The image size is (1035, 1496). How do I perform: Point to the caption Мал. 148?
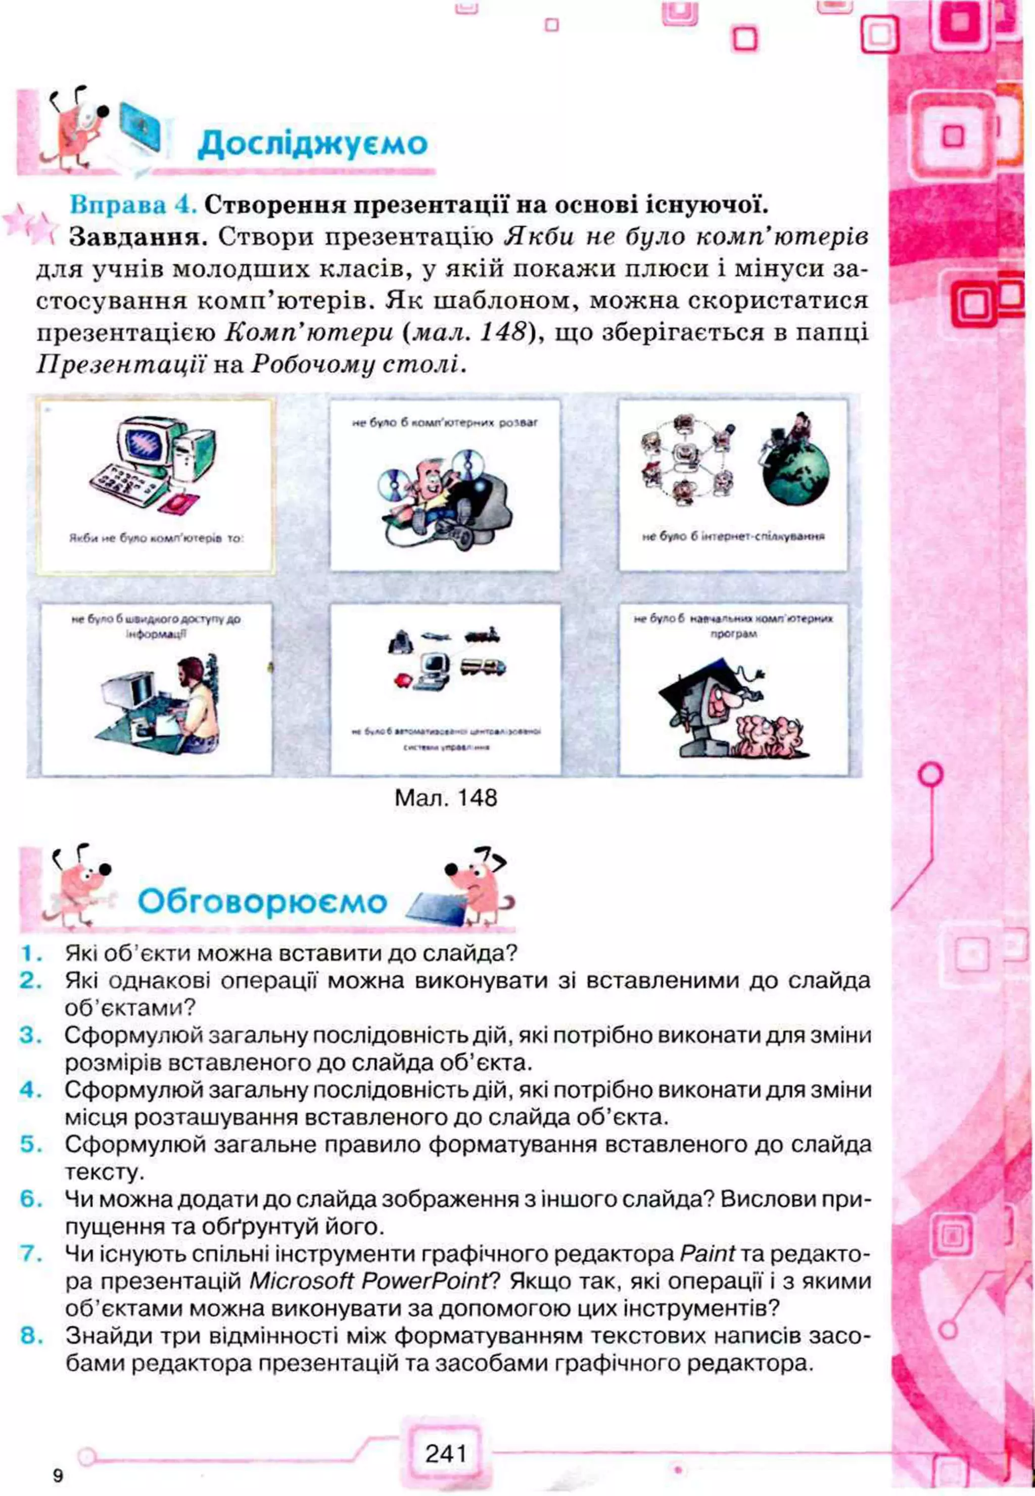tap(446, 797)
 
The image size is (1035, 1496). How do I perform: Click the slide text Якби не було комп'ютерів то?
tap(156, 538)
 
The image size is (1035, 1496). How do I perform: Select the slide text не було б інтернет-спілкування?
tap(733, 536)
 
